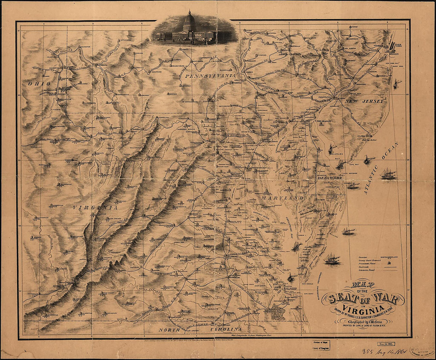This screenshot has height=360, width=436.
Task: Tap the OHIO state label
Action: tap(39, 84)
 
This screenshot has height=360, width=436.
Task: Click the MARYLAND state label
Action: tap(288, 197)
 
